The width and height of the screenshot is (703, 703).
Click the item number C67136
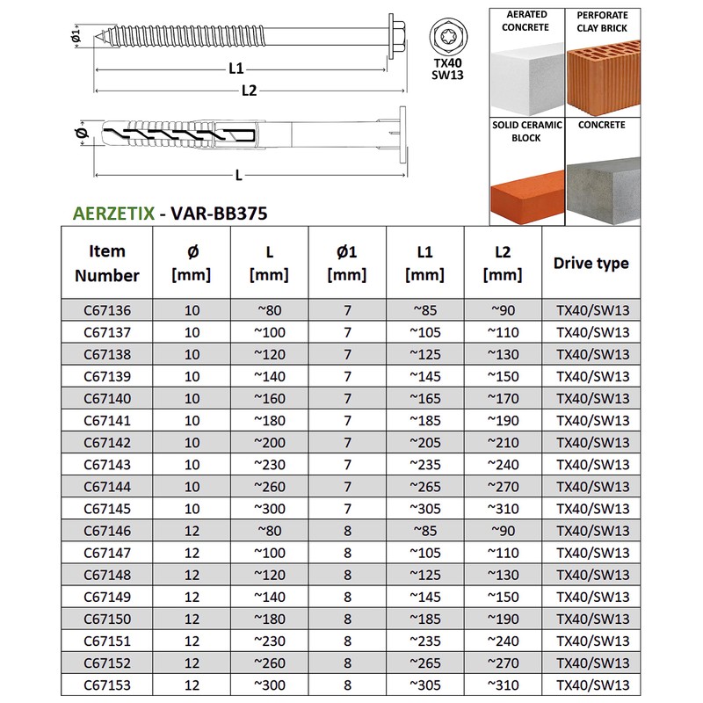tap(105, 309)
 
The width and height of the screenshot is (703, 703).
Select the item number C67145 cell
tap(105, 509)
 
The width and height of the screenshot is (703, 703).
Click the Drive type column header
tap(591, 263)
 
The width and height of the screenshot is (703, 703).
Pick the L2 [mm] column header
tap(503, 263)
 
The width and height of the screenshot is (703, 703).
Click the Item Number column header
tap(106, 263)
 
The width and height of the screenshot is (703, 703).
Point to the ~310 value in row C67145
tap(503, 509)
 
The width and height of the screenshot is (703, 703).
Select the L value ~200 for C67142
tap(270, 442)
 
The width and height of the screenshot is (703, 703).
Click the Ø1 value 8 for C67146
tap(347, 531)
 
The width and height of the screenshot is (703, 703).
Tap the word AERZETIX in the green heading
tap(111, 212)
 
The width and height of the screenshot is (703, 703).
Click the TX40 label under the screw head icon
tap(449, 64)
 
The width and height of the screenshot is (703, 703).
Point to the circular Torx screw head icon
tap(448, 37)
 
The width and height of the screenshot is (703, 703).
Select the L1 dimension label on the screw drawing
tap(236, 68)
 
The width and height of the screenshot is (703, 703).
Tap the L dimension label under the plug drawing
tap(239, 174)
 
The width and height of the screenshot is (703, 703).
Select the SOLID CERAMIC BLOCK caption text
tap(526, 130)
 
